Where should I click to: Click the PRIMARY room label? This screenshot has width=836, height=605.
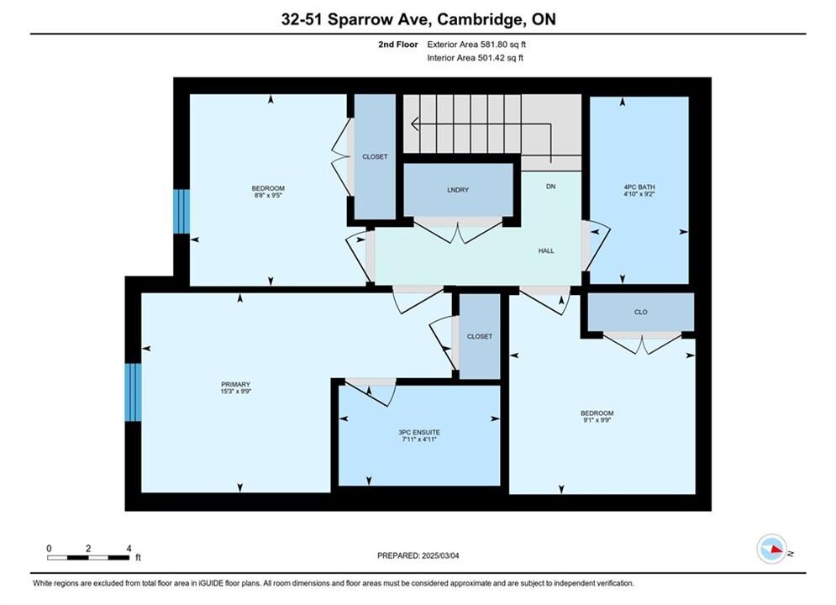pos(235,384)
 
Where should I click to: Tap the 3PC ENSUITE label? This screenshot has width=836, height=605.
pos(419,432)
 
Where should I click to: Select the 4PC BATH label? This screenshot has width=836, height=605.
pos(639,187)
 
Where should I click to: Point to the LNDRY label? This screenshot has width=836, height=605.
pos(458,190)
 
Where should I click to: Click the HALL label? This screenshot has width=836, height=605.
pos(546,250)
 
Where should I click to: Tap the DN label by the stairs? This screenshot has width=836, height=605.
pos(551,186)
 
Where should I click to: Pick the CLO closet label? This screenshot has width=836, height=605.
pos(641,312)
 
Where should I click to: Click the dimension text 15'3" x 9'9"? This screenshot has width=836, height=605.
pos(235,392)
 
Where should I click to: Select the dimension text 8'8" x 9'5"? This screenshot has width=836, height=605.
pos(268,195)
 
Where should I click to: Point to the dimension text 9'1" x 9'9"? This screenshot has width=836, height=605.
pos(597,420)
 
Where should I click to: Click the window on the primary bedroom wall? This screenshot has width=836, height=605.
pos(134,392)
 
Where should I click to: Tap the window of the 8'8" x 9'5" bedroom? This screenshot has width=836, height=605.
pos(181,211)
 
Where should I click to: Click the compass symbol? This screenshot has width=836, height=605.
pos(771,549)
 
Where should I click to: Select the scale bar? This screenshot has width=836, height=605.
pos(88,558)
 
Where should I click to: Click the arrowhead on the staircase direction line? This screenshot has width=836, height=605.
pos(415,124)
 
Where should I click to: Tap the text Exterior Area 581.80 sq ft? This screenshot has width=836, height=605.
pos(476,45)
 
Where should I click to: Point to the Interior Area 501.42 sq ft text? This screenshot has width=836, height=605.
pos(475,58)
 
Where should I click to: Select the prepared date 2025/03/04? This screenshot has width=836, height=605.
pos(440,555)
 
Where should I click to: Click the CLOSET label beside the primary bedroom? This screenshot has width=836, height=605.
pos(480,336)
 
